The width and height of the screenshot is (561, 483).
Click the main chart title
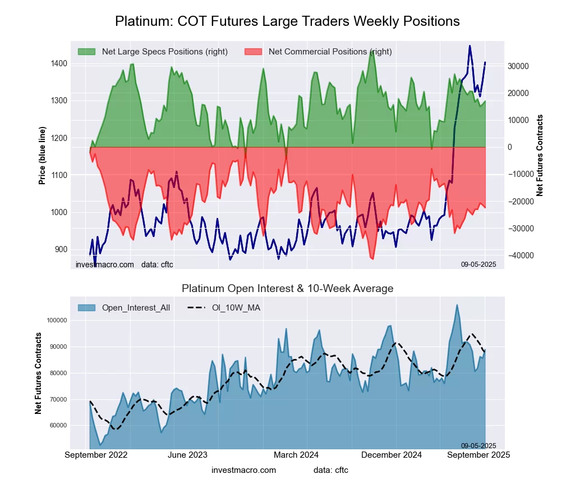(287, 21)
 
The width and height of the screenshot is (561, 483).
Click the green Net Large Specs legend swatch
(86, 52)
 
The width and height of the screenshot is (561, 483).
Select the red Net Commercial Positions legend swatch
(254, 52)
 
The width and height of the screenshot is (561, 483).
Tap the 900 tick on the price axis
(61, 249)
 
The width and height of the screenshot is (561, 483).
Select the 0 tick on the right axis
(511, 147)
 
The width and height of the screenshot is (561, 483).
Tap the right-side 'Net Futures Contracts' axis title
(540, 155)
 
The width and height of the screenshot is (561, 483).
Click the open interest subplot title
(287, 289)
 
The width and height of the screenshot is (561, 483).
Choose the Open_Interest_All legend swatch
(86, 308)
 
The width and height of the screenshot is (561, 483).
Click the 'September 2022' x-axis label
(96, 455)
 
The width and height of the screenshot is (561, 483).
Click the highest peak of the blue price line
(470, 46)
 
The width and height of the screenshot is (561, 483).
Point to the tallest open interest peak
(457, 305)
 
